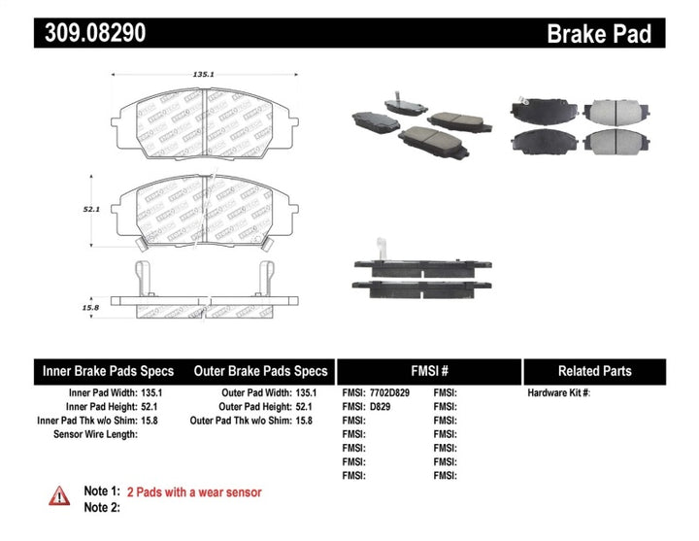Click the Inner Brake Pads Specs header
pyautogui.click(x=108, y=371)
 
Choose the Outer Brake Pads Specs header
pyautogui.click(x=260, y=371)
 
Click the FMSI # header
pyautogui.click(x=427, y=371)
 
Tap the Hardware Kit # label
pyautogui.click(x=558, y=393)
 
